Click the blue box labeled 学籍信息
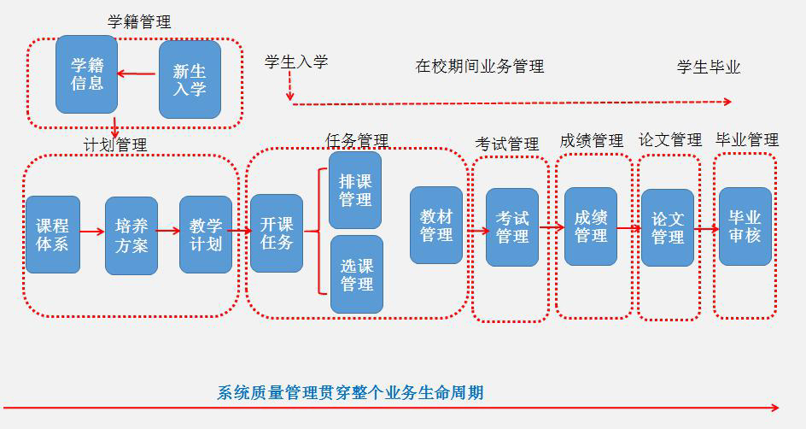point(86,74)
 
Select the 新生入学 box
point(190,79)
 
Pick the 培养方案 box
point(131,235)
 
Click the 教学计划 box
point(206,234)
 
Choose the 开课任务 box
point(276,233)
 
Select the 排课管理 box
point(356,190)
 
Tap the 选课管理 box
point(356,274)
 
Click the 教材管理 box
point(436,225)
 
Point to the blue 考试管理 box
point(512,227)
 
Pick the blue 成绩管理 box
point(590,226)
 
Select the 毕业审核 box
point(745,226)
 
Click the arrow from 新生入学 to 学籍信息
point(137,73)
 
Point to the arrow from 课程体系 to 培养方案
point(92,231)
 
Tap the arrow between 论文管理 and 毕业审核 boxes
point(706,229)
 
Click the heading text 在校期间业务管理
point(480,66)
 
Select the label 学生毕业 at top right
point(709,67)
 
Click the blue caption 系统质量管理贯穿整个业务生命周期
point(351,393)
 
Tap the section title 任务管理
point(357,140)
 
